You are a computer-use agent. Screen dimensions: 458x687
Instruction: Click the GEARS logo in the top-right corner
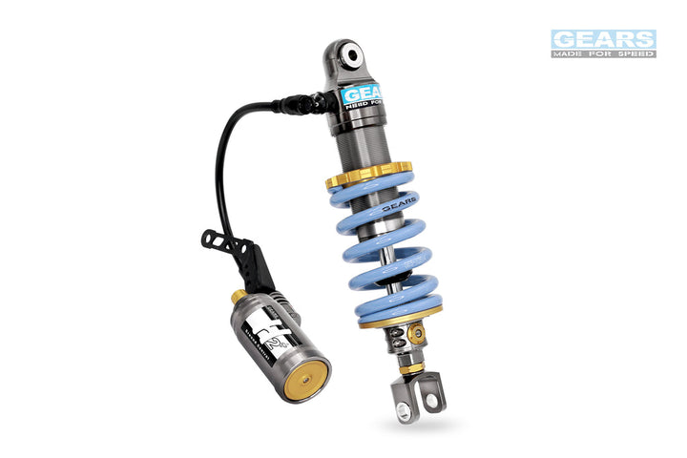coord(603,38)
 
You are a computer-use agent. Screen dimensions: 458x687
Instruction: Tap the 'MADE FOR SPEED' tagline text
coord(603,53)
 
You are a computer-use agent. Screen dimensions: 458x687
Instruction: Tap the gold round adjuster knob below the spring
coord(415,333)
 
